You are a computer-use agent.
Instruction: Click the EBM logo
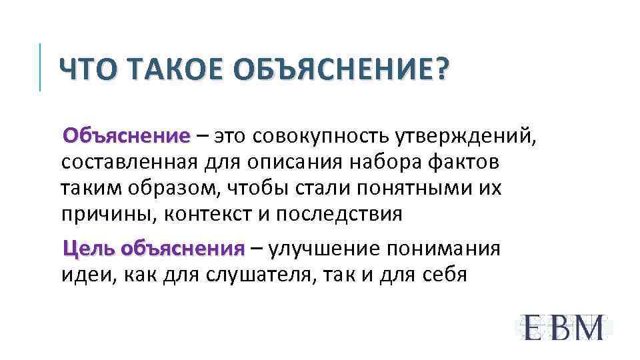563,327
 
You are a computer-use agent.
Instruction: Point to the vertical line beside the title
41,67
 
